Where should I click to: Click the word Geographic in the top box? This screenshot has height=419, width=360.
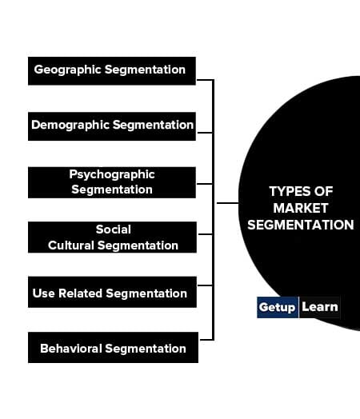click(x=67, y=70)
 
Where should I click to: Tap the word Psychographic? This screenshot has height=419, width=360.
click(x=112, y=175)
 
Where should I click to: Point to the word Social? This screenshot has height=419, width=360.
click(x=114, y=229)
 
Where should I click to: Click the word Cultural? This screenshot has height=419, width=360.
click(x=71, y=245)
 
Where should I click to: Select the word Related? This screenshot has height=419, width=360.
click(x=81, y=293)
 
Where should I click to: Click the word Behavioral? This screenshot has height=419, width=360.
click(x=71, y=349)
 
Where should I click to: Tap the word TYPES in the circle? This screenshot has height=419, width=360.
click(x=288, y=191)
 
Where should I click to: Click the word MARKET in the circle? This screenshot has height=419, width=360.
click(x=301, y=208)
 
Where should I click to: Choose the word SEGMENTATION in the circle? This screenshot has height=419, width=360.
click(x=301, y=225)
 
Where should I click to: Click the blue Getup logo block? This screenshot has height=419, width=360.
click(x=278, y=307)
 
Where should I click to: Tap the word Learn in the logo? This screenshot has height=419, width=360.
click(x=320, y=307)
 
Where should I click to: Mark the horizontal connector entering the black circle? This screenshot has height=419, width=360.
click(x=227, y=203)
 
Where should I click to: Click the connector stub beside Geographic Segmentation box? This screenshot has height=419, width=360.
click(x=205, y=80)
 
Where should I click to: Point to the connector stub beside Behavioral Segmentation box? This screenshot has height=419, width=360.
click(x=206, y=340)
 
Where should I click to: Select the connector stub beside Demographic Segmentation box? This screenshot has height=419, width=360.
click(x=205, y=132)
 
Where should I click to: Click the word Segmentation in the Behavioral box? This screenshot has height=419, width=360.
click(x=146, y=349)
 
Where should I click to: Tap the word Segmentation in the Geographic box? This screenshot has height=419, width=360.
click(x=145, y=70)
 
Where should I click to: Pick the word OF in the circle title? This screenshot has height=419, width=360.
click(x=323, y=191)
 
